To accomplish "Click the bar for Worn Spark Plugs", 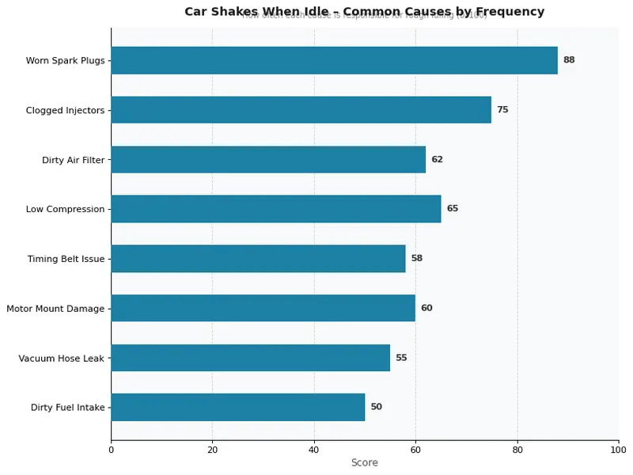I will pyautogui.click(x=334, y=60).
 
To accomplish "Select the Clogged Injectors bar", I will pyautogui.click(x=301, y=110).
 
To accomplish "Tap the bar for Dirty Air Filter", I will pyautogui.click(x=268, y=159).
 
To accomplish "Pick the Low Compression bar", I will pyautogui.click(x=275, y=209).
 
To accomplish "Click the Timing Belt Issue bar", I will pyautogui.click(x=258, y=259).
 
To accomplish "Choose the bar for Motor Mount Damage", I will pyautogui.click(x=263, y=308).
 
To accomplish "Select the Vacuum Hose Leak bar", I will pyautogui.click(x=250, y=358).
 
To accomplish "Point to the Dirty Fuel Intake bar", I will pyautogui.click(x=237, y=407).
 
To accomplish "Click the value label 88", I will pyautogui.click(x=569, y=60).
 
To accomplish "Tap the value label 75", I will pyautogui.click(x=502, y=110).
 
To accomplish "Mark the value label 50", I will pyautogui.click(x=376, y=407).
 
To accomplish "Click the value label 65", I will pyautogui.click(x=452, y=209).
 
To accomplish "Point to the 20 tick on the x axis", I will pyautogui.click(x=212, y=450).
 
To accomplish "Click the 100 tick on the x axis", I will pyautogui.click(x=618, y=450).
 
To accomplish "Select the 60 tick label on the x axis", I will pyautogui.click(x=415, y=450).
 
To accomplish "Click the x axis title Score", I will pyautogui.click(x=365, y=463).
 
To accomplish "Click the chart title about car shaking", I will pyautogui.click(x=365, y=12).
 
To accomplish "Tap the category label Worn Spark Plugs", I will pyautogui.click(x=65, y=61).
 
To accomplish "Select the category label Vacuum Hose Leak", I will pyautogui.click(x=62, y=359).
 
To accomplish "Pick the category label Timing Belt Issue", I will pyautogui.click(x=66, y=259).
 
